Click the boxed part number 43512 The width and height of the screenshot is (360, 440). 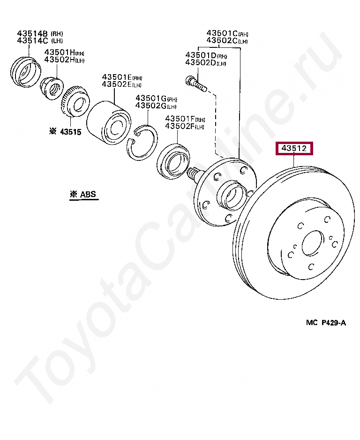click(294, 148)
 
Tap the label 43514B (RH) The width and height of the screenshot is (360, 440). click(40, 33)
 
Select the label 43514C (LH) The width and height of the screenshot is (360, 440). click(40, 41)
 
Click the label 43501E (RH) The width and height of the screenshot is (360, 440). click(122, 77)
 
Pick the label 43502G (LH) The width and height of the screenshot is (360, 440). click(156, 106)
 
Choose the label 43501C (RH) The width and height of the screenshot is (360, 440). click(227, 33)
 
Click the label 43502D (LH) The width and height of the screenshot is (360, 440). click(206, 62)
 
